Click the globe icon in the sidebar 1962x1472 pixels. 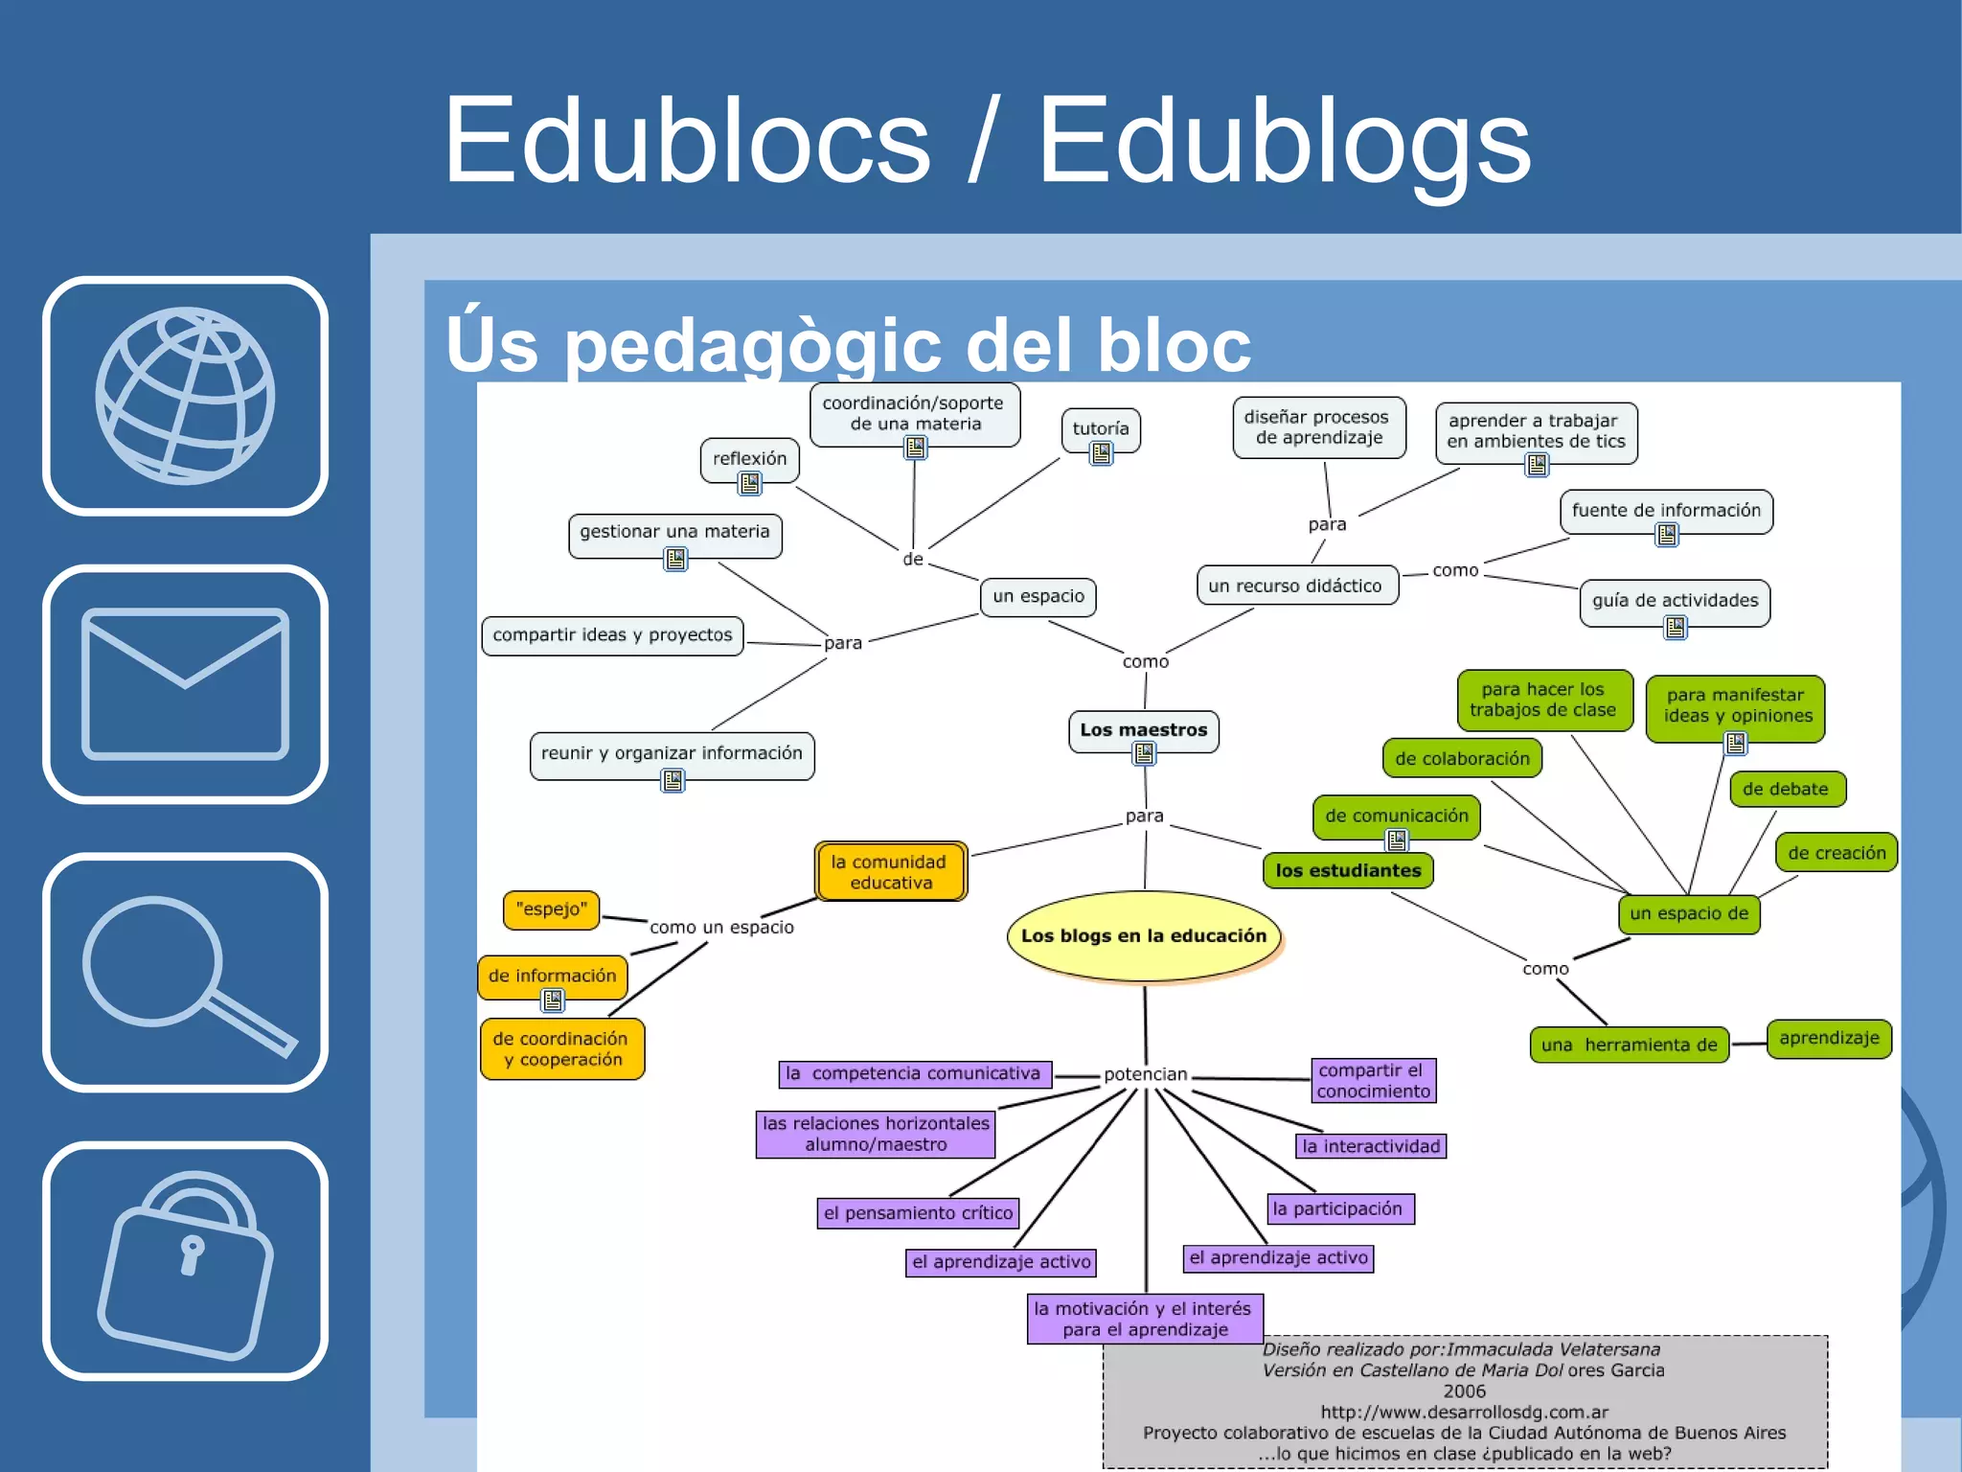pos(185,396)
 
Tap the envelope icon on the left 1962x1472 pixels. pos(185,683)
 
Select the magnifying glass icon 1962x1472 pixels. pos(185,973)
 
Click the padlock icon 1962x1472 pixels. pos(185,1261)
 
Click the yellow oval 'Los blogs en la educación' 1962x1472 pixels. pos(1144,936)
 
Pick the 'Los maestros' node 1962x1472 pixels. pos(1143,730)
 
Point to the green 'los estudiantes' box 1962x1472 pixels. pos(1348,870)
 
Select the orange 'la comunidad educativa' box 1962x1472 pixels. pos(891,872)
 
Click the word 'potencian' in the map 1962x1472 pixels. pos(1145,1074)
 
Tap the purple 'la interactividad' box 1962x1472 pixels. pos(1371,1146)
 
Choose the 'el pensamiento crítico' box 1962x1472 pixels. pos(918,1213)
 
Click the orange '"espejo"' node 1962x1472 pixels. pos(551,909)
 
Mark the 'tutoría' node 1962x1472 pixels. pos(1100,429)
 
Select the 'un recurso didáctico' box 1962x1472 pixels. pos(1296,586)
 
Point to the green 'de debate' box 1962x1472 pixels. pos(1786,790)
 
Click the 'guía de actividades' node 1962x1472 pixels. pos(1675,602)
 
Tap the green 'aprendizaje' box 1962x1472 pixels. pos(1829,1039)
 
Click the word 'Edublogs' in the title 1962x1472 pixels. pos(1285,142)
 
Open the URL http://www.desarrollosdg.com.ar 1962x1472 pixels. pos(1464,1412)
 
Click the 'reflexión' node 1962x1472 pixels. pos(749,459)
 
